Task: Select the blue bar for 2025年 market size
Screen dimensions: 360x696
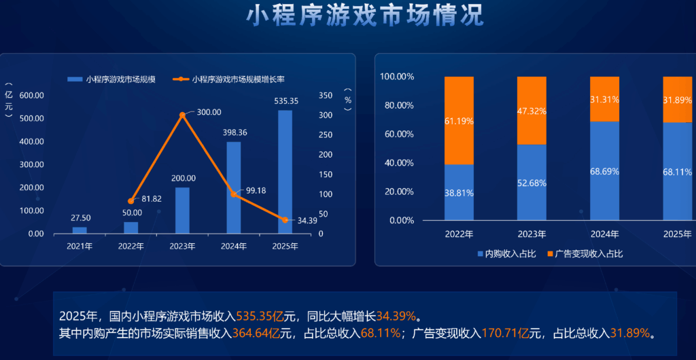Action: click(x=285, y=172)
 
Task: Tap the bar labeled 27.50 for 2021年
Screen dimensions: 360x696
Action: click(x=80, y=230)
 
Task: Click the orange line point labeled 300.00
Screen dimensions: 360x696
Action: click(x=182, y=115)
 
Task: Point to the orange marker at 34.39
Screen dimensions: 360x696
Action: click(x=285, y=219)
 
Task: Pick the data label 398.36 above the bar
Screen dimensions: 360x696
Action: click(x=233, y=132)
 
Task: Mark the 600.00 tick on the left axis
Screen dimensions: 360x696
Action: click(x=32, y=95)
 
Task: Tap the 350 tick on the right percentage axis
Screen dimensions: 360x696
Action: click(x=327, y=95)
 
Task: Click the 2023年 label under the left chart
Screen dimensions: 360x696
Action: click(x=182, y=246)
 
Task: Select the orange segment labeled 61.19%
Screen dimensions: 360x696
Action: click(x=459, y=120)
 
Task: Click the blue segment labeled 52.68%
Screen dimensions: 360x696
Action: click(x=532, y=182)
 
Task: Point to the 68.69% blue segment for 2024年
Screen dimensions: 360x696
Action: click(x=604, y=170)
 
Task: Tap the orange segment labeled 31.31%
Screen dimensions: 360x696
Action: click(x=604, y=99)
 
